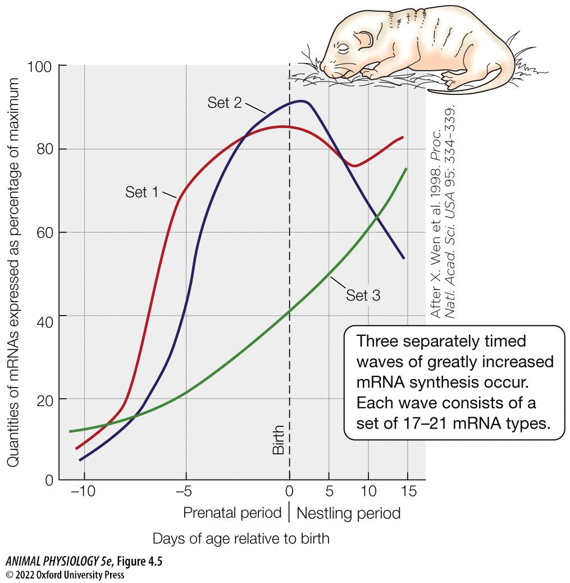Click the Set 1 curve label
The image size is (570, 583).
click(142, 192)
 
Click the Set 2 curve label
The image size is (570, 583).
click(224, 102)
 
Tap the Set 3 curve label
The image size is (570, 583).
click(363, 295)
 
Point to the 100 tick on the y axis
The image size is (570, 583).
click(39, 67)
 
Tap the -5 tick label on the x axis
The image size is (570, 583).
click(184, 491)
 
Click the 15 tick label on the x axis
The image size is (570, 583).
click(409, 491)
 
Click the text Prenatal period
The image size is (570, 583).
click(232, 513)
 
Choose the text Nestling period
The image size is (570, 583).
click(348, 513)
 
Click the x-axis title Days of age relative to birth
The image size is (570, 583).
click(241, 539)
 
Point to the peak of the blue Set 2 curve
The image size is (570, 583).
click(302, 102)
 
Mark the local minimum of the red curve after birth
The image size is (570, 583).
click(354, 166)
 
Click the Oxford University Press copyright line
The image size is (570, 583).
click(65, 575)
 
